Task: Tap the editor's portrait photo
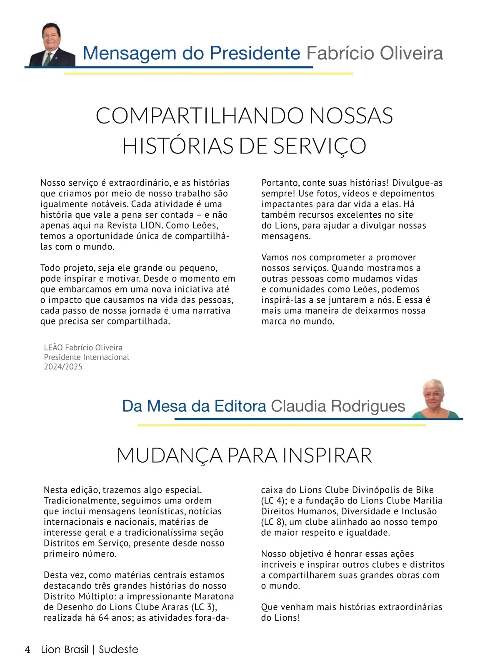(434, 398)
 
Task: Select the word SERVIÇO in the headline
(320, 146)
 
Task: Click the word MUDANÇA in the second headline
(170, 455)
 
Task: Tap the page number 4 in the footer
(27, 649)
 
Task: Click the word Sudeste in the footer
(118, 649)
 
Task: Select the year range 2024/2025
(63, 367)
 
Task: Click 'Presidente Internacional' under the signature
(87, 357)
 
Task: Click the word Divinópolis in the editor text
(376, 490)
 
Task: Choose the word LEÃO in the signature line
(53, 348)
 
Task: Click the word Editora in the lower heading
(240, 406)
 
